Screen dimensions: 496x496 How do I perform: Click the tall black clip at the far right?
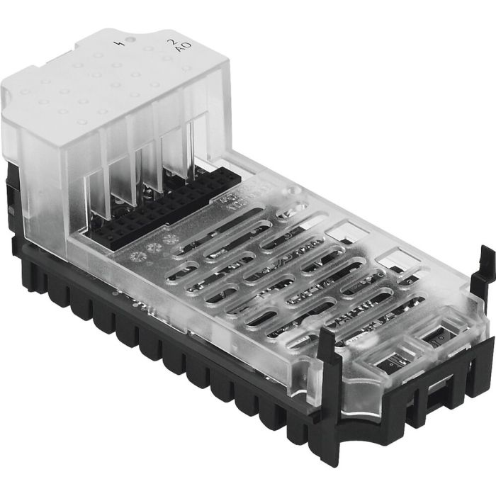tap(485, 269)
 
